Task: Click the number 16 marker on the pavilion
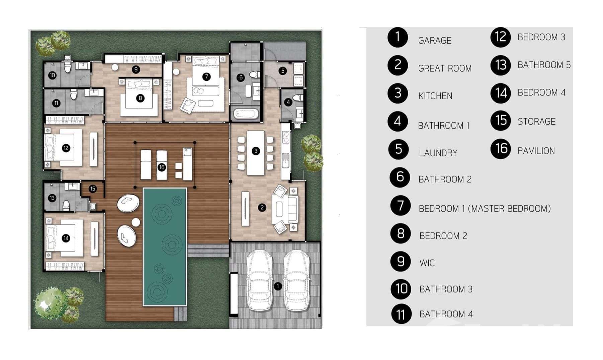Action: (162, 167)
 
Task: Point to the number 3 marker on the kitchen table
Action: (256, 151)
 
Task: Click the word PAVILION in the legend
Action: (536, 151)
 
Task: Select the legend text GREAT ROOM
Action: (444, 68)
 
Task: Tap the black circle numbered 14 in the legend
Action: (501, 93)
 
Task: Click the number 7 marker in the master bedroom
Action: (206, 76)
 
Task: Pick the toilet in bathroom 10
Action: (68, 68)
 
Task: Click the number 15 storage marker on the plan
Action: (93, 189)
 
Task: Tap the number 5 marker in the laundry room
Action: (283, 71)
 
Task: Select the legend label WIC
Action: (427, 263)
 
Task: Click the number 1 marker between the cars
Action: (277, 286)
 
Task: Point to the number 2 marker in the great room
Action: (262, 208)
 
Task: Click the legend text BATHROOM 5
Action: (544, 65)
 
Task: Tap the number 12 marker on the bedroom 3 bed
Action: (66, 148)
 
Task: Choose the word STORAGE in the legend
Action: (536, 122)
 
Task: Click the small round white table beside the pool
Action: (136, 222)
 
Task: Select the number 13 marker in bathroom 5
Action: (52, 198)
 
